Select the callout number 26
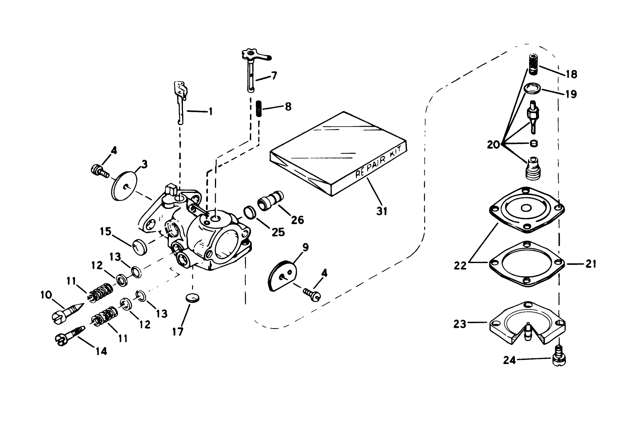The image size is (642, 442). tap(297, 220)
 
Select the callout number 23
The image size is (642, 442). tap(460, 324)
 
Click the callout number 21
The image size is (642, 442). tap(591, 264)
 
